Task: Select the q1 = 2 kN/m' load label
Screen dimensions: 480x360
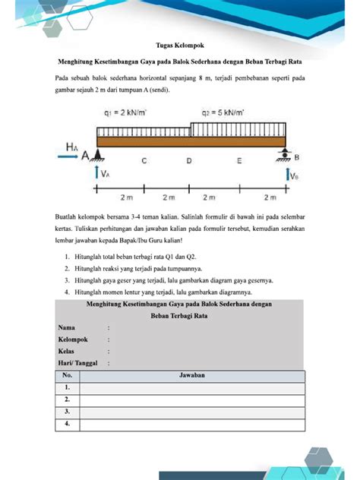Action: pos(127,113)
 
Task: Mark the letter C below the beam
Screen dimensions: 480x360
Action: pos(144,161)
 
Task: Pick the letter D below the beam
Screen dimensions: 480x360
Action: pos(189,161)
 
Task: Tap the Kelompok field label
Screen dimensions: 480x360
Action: pos(74,339)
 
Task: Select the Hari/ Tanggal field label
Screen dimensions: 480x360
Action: pos(79,364)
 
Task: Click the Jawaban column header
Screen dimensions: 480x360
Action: pos(191,375)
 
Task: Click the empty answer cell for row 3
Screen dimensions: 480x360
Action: pos(191,411)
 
